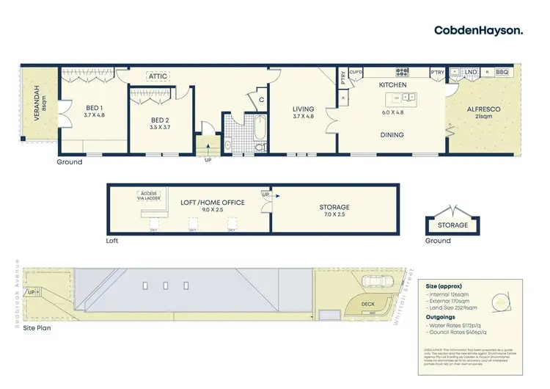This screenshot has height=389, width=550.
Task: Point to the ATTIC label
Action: (x=158, y=76)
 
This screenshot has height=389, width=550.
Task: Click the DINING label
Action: (x=393, y=135)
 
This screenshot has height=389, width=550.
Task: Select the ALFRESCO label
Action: (x=484, y=109)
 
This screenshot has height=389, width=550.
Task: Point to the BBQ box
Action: (x=502, y=73)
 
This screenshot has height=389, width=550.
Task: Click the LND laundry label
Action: (x=471, y=73)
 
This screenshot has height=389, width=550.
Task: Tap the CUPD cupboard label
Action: (x=356, y=73)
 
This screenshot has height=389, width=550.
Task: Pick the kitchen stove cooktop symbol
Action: (x=402, y=73)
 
